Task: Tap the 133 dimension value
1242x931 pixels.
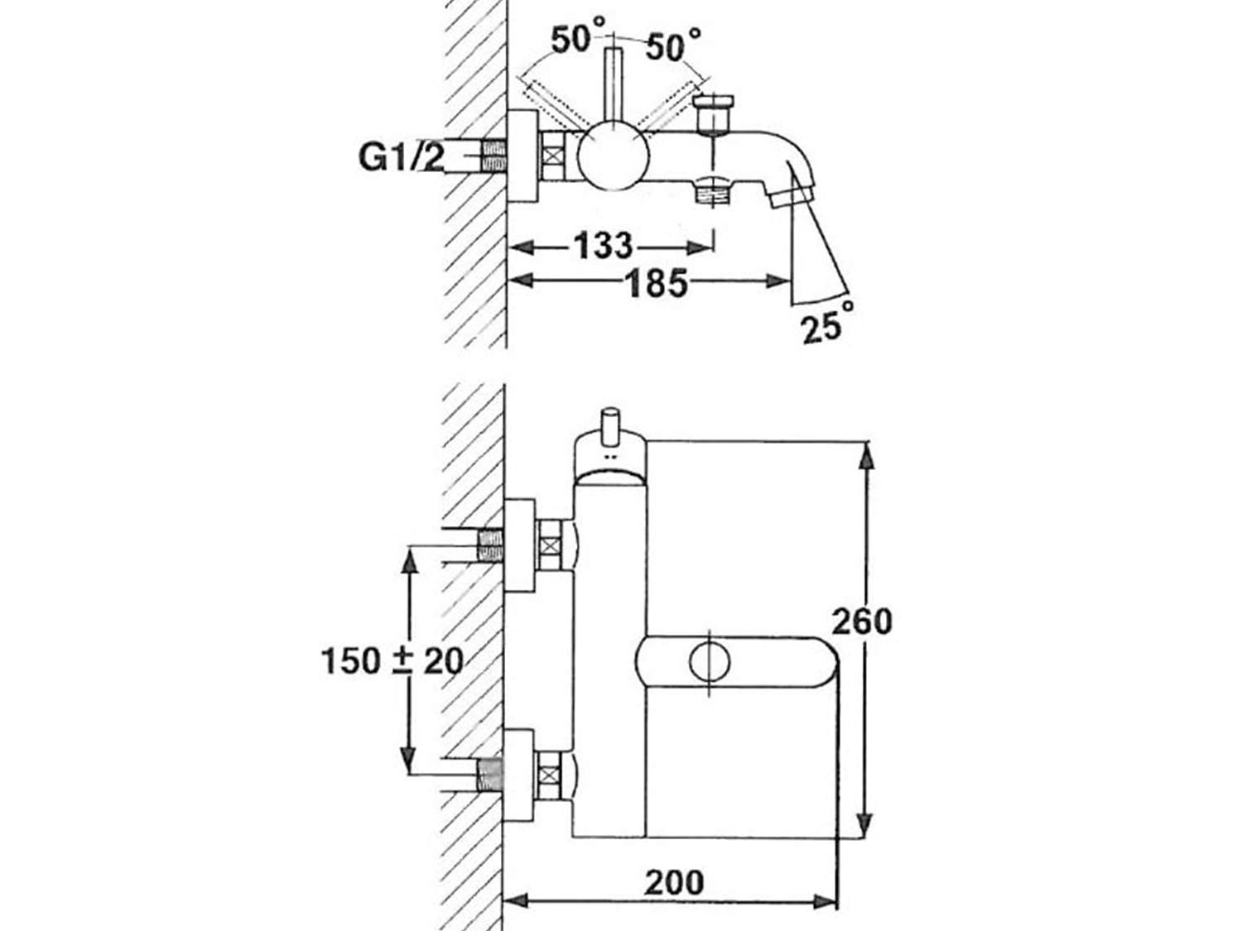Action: tap(602, 246)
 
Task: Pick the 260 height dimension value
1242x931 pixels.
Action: tap(862, 621)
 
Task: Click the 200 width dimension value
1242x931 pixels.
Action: tap(674, 883)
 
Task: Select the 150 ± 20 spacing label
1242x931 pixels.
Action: tap(391, 660)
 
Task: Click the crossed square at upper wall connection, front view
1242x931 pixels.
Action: tap(550, 545)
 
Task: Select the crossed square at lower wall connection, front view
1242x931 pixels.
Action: tap(550, 775)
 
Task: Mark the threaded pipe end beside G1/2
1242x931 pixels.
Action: tap(493, 156)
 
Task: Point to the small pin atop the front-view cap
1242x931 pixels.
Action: tap(610, 425)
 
